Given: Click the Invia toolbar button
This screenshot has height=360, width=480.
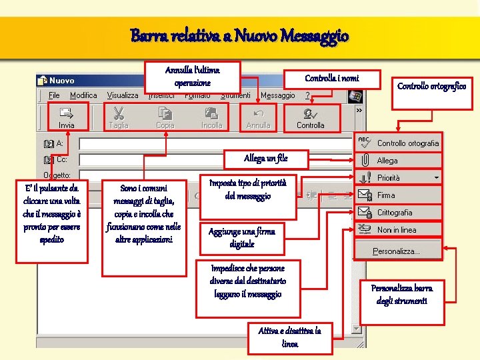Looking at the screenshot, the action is pyautogui.click(x=67, y=117).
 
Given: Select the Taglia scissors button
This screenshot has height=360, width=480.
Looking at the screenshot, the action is pyautogui.click(x=119, y=117).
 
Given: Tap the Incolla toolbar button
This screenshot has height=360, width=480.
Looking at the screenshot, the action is pyautogui.click(x=211, y=117).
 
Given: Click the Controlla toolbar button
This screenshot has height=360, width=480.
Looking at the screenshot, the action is pyautogui.click(x=310, y=117).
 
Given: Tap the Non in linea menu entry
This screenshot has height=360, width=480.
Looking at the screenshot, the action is pyautogui.click(x=396, y=230).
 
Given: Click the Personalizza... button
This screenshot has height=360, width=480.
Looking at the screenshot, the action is pyautogui.click(x=396, y=251).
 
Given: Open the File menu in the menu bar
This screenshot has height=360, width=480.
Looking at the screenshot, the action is pyautogui.click(x=54, y=95).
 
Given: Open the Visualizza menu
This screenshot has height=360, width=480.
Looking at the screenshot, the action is pyautogui.click(x=123, y=95).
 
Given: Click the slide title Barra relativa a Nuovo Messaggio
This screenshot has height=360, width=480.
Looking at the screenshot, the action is pyautogui.click(x=239, y=35).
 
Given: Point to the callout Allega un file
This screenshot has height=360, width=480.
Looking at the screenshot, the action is pyautogui.click(x=266, y=159).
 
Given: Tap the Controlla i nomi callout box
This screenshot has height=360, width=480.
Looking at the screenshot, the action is pyautogui.click(x=331, y=79).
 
